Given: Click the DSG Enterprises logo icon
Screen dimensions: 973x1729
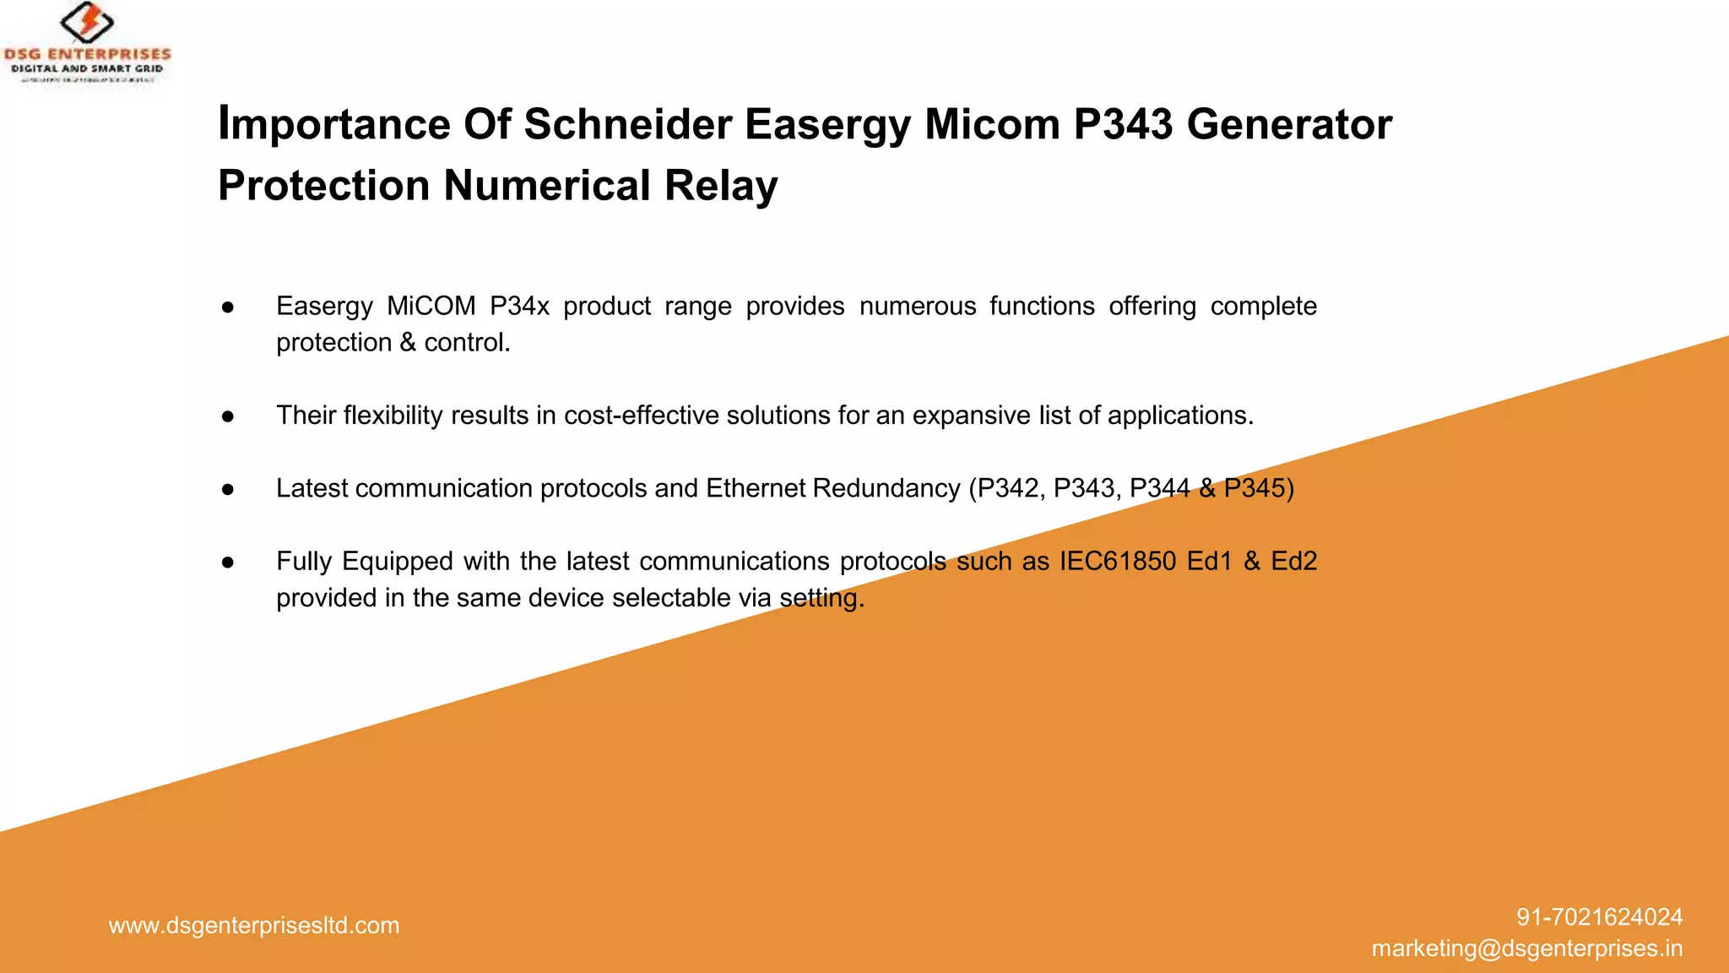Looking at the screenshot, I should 87,22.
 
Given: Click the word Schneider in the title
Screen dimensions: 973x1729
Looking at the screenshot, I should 627,124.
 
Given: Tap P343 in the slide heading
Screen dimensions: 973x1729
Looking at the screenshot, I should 1123,124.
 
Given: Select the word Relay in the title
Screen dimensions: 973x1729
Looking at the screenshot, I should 720,186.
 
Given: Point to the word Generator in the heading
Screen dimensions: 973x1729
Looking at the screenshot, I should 1288,124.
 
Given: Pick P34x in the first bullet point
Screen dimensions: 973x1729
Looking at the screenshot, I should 519,306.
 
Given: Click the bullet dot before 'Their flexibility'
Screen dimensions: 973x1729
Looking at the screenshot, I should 228,416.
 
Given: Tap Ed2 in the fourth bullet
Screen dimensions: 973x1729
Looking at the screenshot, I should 1293,561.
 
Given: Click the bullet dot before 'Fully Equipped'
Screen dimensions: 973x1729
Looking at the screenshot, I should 228,563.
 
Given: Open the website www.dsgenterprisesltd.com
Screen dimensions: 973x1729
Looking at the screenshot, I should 254,926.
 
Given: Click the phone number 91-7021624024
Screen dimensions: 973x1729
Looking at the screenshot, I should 1599,917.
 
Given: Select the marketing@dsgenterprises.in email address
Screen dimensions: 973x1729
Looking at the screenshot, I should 1526,949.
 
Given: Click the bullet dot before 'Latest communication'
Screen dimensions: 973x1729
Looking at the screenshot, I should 228,490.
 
